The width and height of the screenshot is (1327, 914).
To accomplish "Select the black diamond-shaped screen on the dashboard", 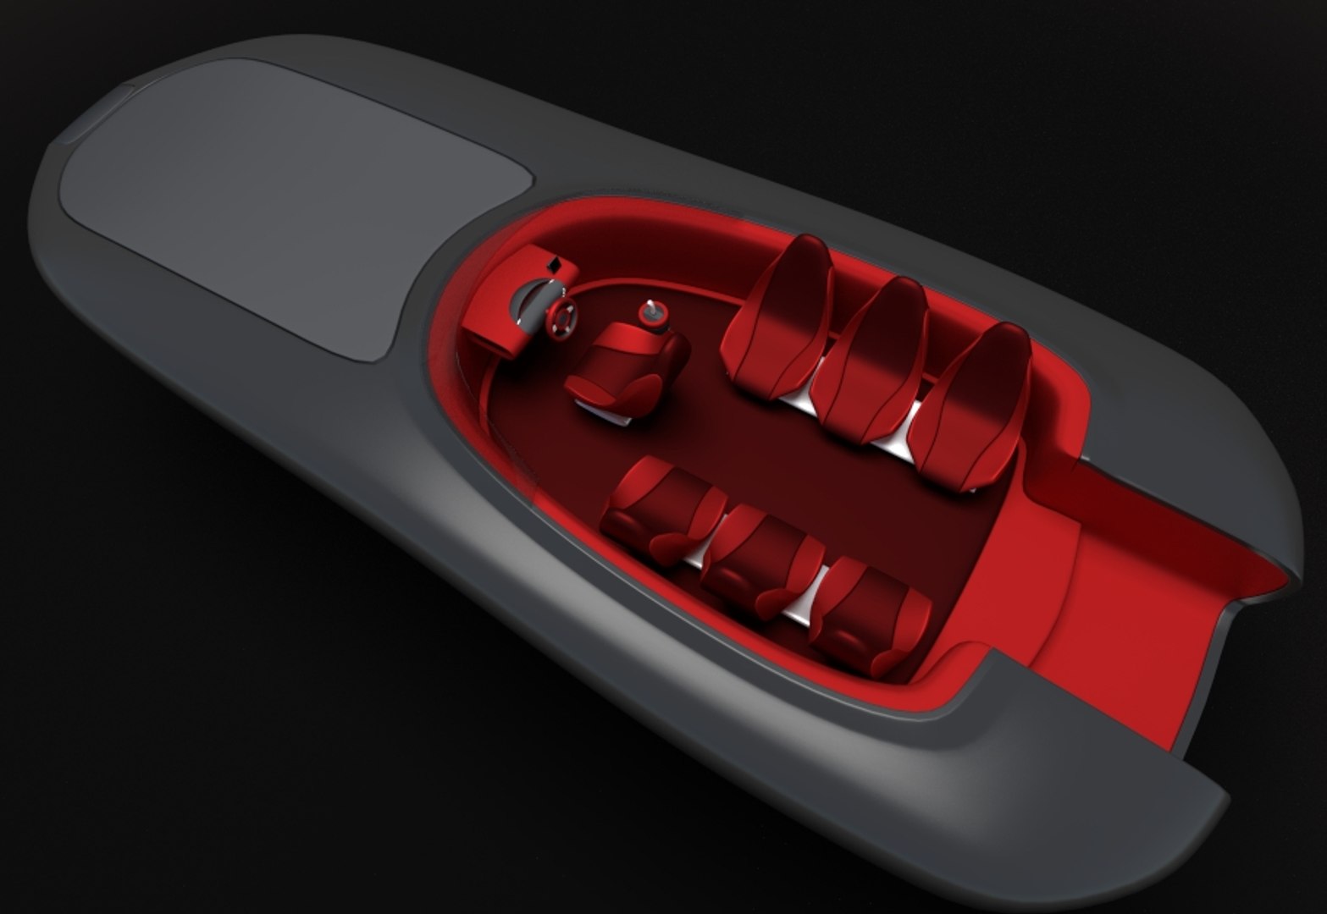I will (555, 264).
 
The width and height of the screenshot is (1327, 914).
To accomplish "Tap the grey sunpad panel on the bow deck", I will (279, 195).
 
